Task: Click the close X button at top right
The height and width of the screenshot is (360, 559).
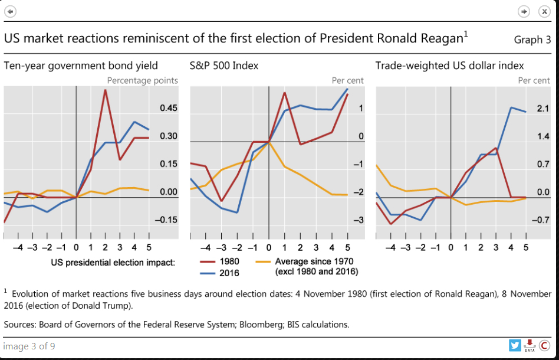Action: click(544, 12)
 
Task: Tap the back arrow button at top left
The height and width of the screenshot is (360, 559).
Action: click(11, 12)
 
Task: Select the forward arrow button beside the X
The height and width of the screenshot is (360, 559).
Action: click(524, 12)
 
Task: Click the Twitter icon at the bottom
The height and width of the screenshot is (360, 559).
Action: click(515, 345)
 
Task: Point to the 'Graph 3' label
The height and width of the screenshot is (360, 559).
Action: click(532, 40)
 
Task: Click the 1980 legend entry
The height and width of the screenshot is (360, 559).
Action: click(219, 261)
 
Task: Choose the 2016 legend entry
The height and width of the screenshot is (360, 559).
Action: click(219, 273)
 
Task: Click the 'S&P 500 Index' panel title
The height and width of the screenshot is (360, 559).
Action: click(223, 66)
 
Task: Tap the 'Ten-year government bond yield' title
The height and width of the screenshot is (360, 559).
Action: click(81, 66)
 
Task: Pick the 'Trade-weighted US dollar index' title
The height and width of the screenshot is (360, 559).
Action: click(449, 66)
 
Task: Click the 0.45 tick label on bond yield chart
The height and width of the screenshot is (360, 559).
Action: click(169, 109)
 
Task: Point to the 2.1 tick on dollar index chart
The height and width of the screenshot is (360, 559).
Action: click(542, 109)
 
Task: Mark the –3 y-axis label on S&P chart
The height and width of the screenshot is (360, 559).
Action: click(357, 220)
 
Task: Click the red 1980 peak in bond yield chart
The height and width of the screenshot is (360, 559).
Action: click(105, 90)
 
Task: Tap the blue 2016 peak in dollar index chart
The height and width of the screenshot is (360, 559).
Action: click(511, 108)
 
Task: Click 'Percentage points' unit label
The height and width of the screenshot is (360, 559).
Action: click(142, 80)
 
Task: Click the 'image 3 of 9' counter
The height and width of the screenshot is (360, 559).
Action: click(29, 346)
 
